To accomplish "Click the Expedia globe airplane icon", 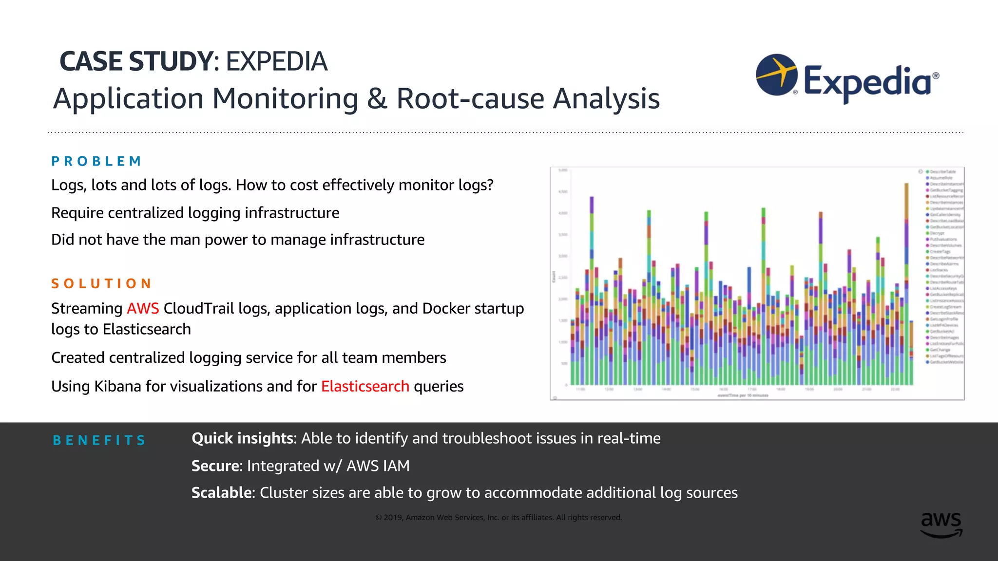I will click(x=776, y=75).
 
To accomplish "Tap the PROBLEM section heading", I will click(x=96, y=161).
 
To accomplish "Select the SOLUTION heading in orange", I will click(x=101, y=283).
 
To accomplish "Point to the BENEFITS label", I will click(x=99, y=440).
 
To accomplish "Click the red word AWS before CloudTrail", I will click(x=143, y=308).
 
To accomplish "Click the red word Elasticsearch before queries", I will click(x=365, y=386).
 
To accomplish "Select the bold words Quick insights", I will click(x=243, y=438).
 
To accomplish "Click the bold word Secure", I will click(x=215, y=466).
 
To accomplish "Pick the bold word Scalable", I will click(x=221, y=493).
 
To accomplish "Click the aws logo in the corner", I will click(x=941, y=524).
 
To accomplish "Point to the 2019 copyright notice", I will click(x=499, y=518).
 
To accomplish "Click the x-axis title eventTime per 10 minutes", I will click(x=743, y=395).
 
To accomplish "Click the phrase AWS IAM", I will click(x=378, y=466).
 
